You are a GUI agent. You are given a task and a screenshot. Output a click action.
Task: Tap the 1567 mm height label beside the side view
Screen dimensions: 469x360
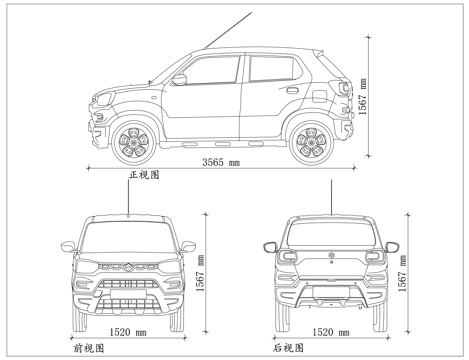pos(362,98)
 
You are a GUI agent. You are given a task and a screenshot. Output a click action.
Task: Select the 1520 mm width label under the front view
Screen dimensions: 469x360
pos(127,330)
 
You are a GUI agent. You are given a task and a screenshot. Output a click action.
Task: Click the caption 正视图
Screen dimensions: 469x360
pos(144,174)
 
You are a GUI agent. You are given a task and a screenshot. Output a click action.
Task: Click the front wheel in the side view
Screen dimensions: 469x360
pos(133,143)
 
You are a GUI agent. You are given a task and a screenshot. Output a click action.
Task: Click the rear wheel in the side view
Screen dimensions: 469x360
pos(310,143)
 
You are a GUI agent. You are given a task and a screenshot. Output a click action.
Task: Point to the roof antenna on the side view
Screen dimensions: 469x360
pos(228,29)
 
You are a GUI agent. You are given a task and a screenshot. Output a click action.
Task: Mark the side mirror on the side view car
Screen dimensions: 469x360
pos(180,81)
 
